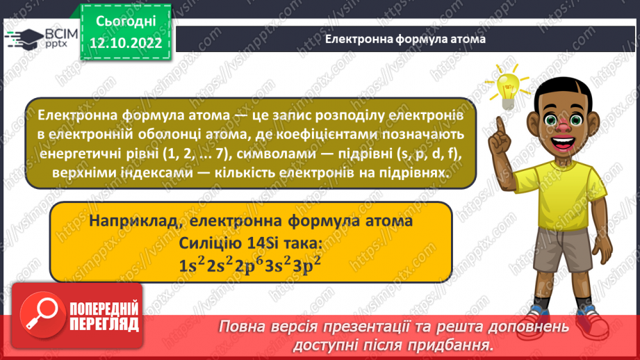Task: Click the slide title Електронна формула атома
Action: (x=405, y=40)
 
